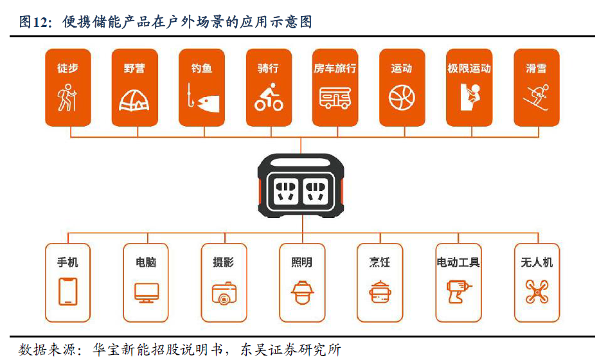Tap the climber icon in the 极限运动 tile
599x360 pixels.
pyautogui.click(x=469, y=97)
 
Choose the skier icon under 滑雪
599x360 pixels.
pyautogui.click(x=536, y=98)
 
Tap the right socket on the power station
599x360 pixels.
pyautogui.click(x=316, y=190)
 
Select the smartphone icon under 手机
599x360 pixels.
pyautogui.click(x=67, y=291)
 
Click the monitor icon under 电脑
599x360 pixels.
pyautogui.click(x=146, y=292)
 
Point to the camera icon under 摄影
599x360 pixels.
pyautogui.click(x=224, y=293)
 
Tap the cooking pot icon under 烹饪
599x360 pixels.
pyautogui.click(x=380, y=292)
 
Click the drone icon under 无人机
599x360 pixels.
pyautogui.click(x=537, y=291)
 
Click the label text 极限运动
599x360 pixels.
pyautogui.click(x=469, y=68)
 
